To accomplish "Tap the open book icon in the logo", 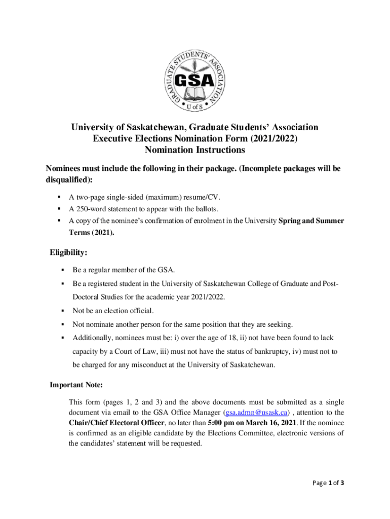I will pos(194,94).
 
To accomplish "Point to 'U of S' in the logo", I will pos(195,107).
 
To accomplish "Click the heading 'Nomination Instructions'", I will pos(195,150).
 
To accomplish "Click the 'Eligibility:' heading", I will pos(68,252).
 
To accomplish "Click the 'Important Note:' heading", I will pos(76,385).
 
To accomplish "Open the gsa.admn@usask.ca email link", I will pos(256,413).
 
